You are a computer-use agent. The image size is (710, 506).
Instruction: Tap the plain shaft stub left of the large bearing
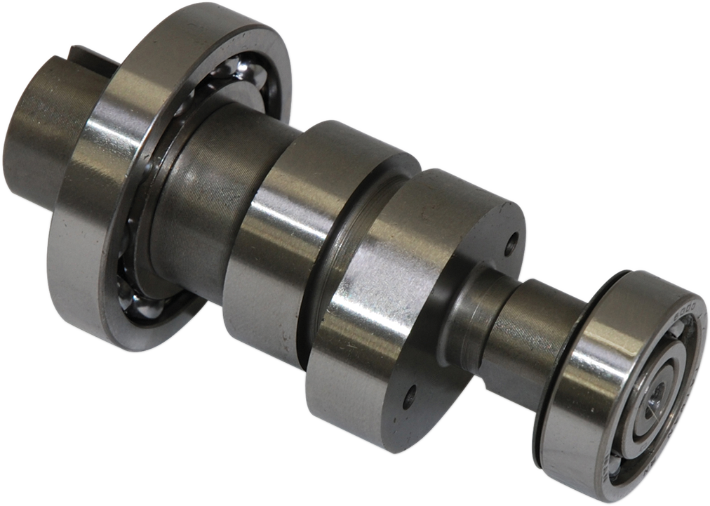point(42,133)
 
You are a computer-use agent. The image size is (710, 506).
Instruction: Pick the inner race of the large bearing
point(158,232)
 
